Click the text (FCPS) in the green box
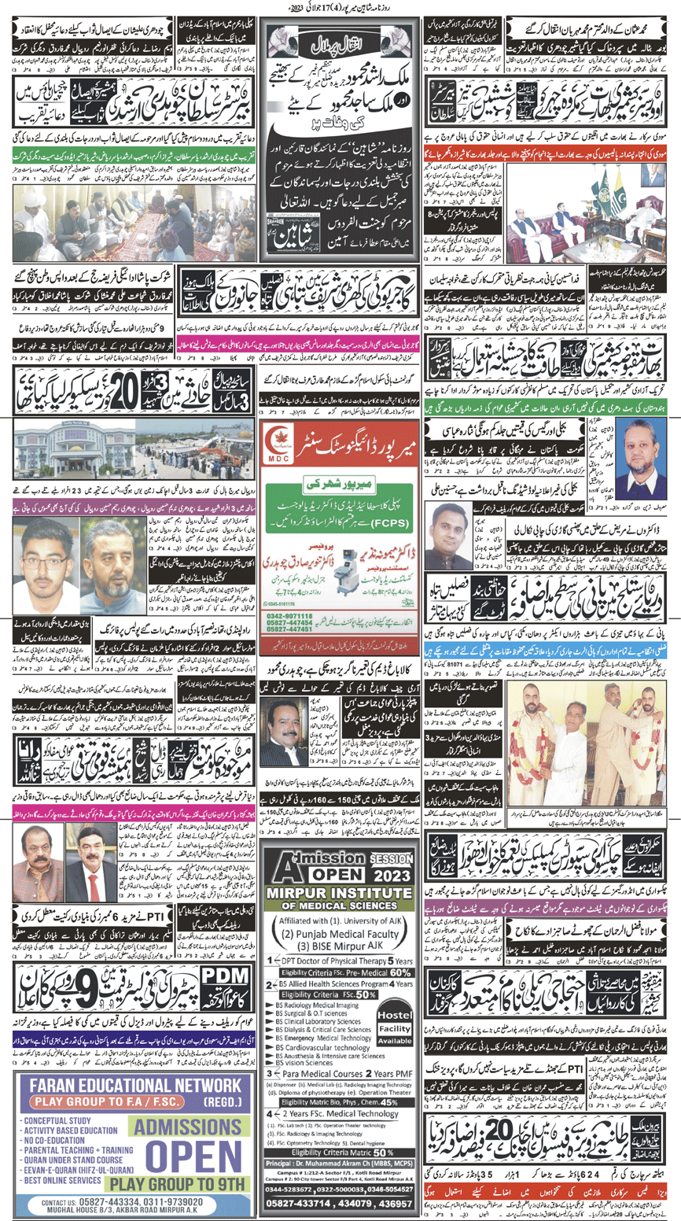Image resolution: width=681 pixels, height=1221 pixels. (291, 522)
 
